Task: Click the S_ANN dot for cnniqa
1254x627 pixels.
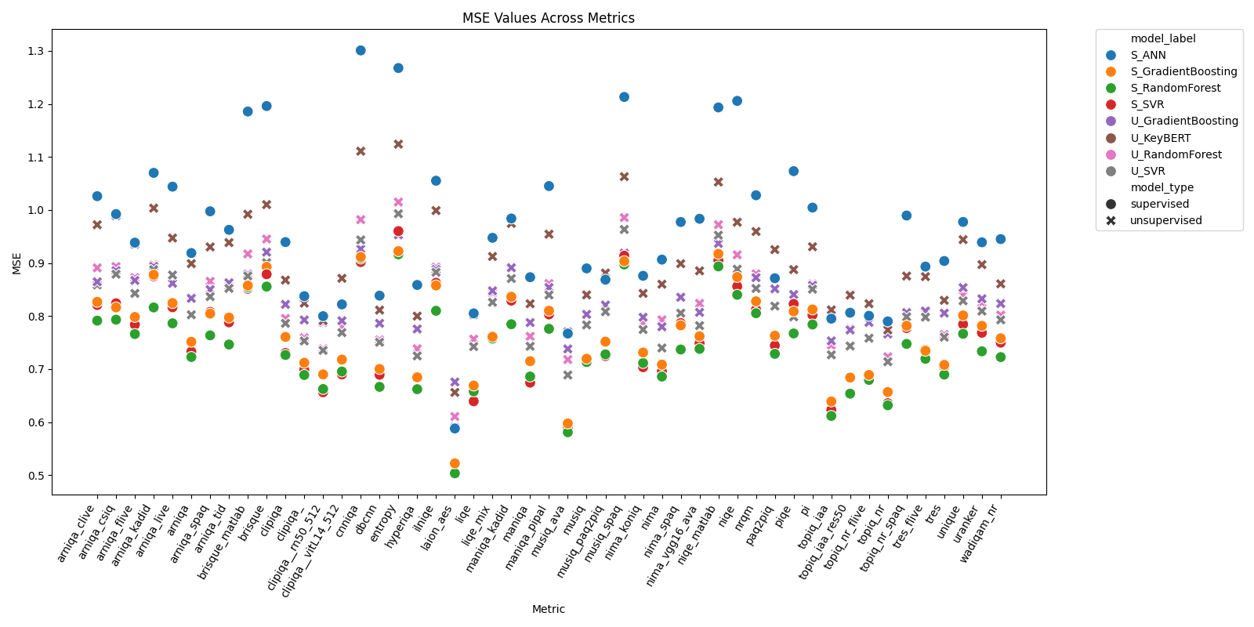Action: (x=361, y=50)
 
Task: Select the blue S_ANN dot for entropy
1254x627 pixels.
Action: (x=398, y=68)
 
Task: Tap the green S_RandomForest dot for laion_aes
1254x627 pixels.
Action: (x=455, y=473)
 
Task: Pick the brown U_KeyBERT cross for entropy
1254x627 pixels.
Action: (x=398, y=144)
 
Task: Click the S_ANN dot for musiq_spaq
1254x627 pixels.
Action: (x=624, y=97)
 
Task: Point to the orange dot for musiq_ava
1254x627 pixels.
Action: (x=567, y=424)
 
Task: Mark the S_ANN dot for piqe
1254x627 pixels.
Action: (x=793, y=171)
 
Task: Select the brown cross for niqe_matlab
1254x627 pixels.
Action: (x=718, y=182)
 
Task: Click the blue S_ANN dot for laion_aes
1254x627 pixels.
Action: (x=455, y=429)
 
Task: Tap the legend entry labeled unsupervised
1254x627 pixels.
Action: (x=1165, y=221)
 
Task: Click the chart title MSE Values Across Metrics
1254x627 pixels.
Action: (x=549, y=18)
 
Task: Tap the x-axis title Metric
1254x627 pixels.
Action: (x=549, y=609)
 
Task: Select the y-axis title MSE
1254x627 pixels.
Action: (x=16, y=263)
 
